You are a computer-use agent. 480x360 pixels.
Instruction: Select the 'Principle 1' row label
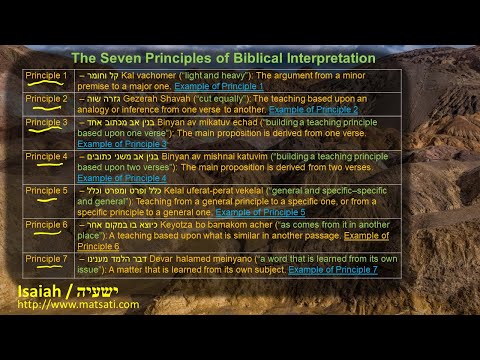pos(46,75)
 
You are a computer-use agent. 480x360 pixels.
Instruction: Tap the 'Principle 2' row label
pos(46,98)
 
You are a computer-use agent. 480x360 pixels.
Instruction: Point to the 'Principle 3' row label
pos(46,122)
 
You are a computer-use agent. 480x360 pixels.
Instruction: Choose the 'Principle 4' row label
pos(46,156)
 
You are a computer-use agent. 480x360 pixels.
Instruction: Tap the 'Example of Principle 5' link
pos(260,212)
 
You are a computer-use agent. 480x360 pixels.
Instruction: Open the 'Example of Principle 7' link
pos(333,269)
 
